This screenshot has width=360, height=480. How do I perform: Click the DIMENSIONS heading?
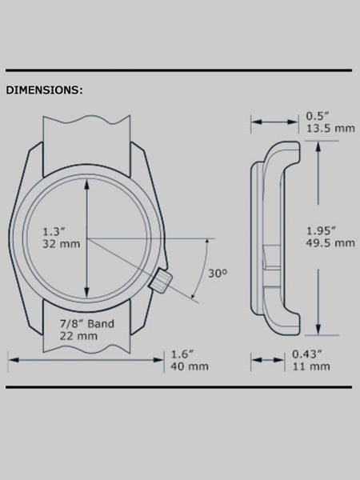click(x=44, y=90)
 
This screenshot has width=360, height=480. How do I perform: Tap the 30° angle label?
click(x=218, y=274)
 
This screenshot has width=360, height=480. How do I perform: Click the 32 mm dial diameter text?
click(x=62, y=244)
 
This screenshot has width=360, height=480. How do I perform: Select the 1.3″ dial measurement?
click(x=54, y=231)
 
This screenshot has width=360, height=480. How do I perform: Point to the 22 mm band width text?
click(x=78, y=336)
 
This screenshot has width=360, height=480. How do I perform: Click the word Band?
click(x=101, y=323)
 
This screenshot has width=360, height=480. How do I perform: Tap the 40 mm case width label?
click(x=190, y=366)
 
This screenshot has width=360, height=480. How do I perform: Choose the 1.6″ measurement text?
click(x=182, y=354)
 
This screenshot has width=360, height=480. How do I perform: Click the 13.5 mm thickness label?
click(x=330, y=128)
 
